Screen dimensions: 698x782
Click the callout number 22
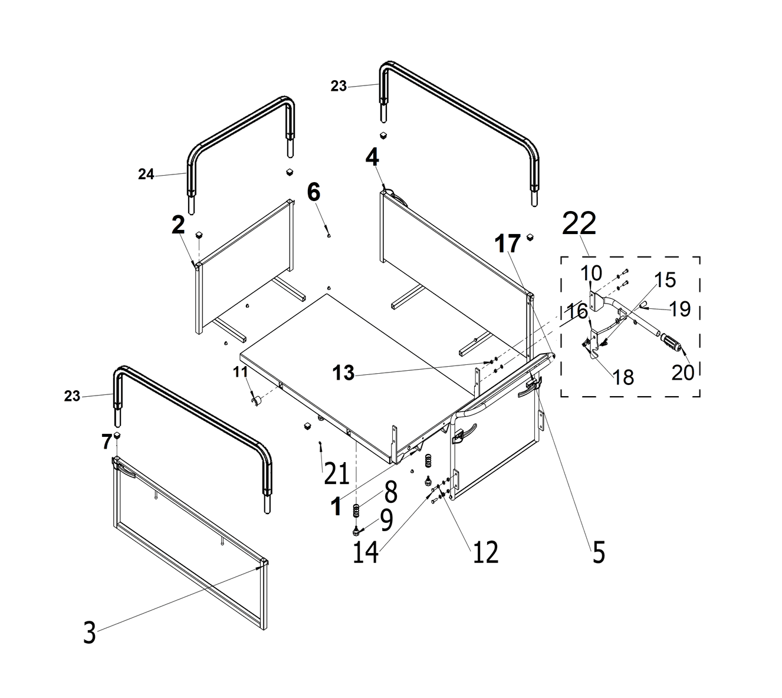579,224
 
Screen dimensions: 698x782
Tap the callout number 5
599,553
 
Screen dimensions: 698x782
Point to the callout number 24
146,174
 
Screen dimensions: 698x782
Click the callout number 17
508,243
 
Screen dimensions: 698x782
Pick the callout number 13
344,373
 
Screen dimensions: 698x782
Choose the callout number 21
336,473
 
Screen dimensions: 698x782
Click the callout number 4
372,158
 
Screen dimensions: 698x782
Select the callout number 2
178,225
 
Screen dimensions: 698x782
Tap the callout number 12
485,552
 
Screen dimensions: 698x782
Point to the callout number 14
366,552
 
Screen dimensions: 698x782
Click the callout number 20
682,373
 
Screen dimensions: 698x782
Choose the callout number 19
680,308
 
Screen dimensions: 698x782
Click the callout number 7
106,440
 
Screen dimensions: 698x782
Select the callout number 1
336,506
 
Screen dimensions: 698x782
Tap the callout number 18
623,377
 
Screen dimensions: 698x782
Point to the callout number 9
386,520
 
